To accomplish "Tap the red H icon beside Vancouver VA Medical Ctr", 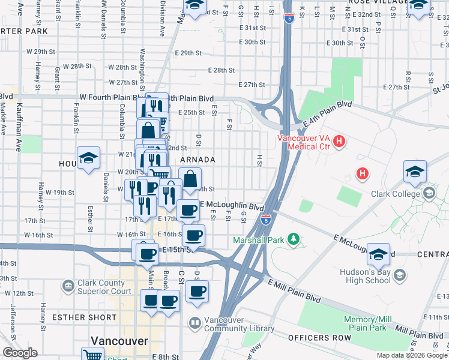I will point(339,142).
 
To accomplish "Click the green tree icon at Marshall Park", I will point(293,239).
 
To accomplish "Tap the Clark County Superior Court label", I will point(104,287).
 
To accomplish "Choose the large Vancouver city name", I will point(119,341).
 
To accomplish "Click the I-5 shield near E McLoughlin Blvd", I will point(265,220).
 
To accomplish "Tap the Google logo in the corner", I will point(19,353).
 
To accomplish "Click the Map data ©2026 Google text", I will point(412,355).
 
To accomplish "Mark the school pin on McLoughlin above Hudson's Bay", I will point(378,254).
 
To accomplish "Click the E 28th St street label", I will point(221,70).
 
